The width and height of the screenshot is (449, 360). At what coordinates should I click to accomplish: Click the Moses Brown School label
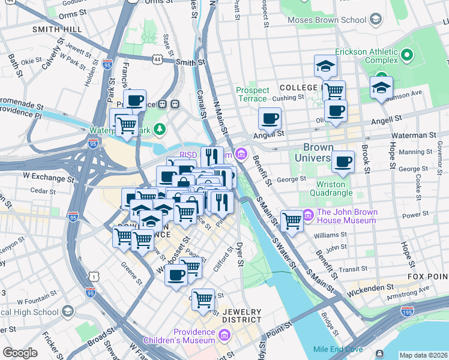327,20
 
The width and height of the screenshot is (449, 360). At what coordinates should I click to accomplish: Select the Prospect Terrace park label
252,94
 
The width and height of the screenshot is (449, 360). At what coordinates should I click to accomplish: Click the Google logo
20,353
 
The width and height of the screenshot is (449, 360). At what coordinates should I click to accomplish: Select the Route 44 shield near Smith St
157,59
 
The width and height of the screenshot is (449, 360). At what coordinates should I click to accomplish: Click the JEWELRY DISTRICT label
242,316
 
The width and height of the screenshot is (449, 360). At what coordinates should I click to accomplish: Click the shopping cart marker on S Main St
292,220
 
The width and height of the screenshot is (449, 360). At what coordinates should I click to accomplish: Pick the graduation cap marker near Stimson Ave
381,88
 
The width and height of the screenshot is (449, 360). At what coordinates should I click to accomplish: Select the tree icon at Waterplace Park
159,128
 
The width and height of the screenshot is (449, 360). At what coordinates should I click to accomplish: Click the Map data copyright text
423,355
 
